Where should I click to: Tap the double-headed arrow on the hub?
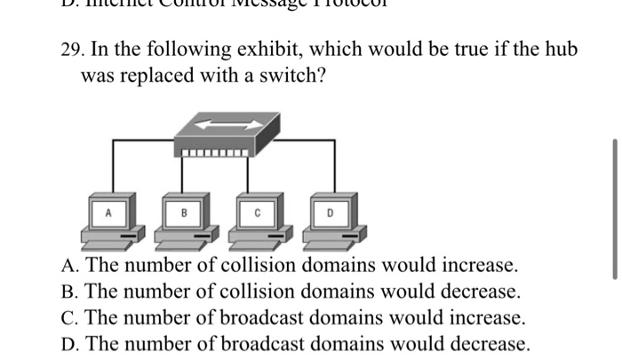217,125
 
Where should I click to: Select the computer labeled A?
109,221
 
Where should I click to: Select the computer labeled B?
183,221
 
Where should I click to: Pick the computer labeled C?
256,221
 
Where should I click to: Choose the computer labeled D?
329,221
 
